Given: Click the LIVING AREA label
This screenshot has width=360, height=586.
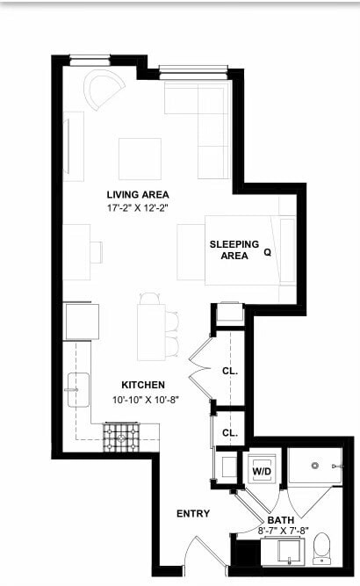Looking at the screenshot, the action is pyautogui.click(x=138, y=195).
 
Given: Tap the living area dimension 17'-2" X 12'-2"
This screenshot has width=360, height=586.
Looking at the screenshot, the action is pyautogui.click(x=138, y=208).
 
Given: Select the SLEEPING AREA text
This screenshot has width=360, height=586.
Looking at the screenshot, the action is pyautogui.click(x=234, y=250).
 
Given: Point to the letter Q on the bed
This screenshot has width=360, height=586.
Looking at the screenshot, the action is pyautogui.click(x=268, y=253).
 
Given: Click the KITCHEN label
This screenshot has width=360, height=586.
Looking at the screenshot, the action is pyautogui.click(x=143, y=385).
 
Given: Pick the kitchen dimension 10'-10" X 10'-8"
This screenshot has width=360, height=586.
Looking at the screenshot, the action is pyautogui.click(x=146, y=400).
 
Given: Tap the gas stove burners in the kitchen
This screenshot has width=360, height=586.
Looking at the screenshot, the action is pyautogui.click(x=121, y=438).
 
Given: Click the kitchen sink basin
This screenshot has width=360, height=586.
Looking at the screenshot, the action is pyautogui.click(x=78, y=390).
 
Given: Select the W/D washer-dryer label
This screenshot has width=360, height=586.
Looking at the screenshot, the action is pyautogui.click(x=262, y=471).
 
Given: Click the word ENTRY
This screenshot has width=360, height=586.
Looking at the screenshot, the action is pyautogui.click(x=193, y=514).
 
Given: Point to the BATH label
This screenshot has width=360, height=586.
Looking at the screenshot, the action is pyautogui.click(x=281, y=520).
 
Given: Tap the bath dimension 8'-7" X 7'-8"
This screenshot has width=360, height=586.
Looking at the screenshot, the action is pyautogui.click(x=283, y=530).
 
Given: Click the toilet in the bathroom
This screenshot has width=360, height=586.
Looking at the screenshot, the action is pyautogui.click(x=321, y=548).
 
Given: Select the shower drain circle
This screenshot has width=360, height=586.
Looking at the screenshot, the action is pyautogui.click(x=315, y=466).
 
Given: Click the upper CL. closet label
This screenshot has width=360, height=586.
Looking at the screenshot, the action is pyautogui.click(x=230, y=371).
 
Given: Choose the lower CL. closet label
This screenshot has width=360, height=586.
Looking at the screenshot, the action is pyautogui.click(x=230, y=433).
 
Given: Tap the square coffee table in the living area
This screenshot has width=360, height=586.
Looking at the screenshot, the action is pyautogui.click(x=140, y=159).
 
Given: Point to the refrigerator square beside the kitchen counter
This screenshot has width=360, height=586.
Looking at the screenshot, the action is pyautogui.click(x=83, y=322).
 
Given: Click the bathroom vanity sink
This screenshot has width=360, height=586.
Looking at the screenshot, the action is pyautogui.click(x=289, y=553).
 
